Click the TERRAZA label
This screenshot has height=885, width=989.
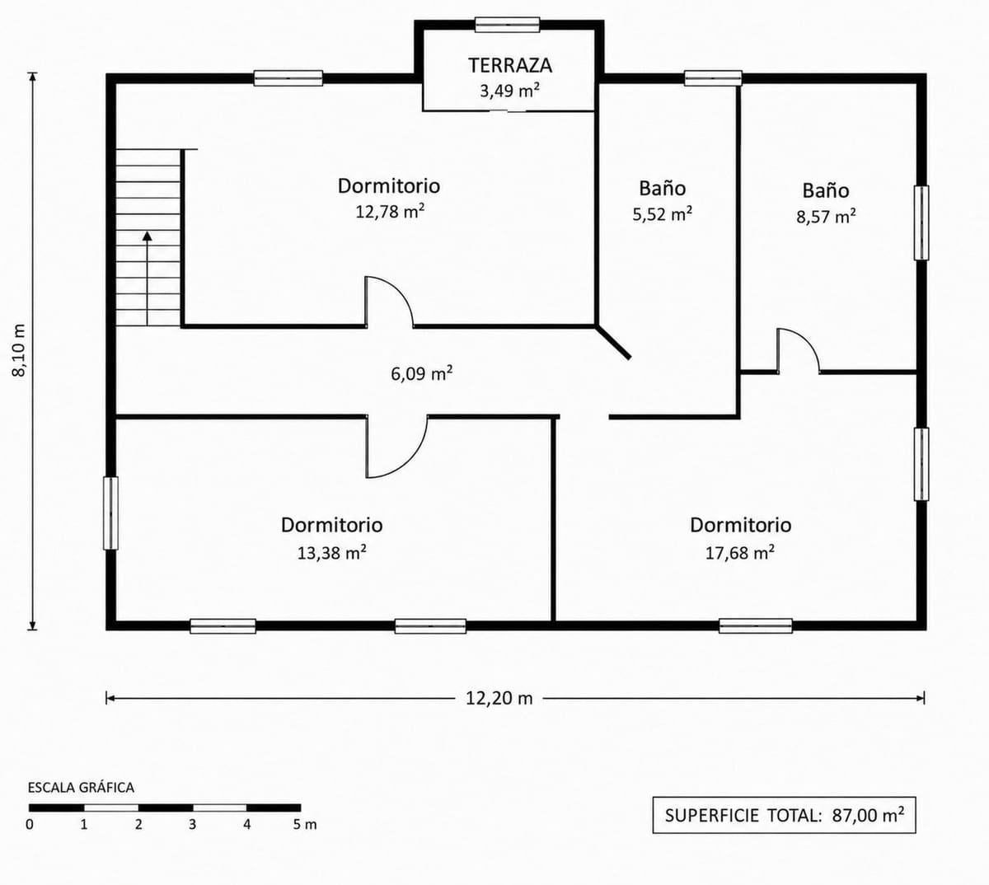coord(510,65)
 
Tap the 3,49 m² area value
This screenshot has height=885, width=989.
coord(509,91)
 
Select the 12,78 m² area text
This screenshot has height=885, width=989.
coord(390,212)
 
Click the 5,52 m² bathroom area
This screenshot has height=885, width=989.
coord(662,213)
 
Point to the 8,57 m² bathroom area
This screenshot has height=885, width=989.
coord(826,216)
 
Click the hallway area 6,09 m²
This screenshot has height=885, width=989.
coord(422,373)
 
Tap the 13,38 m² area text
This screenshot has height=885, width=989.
coord(332,553)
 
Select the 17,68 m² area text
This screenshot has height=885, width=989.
coord(740,553)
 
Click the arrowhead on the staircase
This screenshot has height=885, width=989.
coord(147,236)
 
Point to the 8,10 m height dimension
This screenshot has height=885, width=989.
coord(20,350)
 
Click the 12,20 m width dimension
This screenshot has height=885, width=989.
coord(499,699)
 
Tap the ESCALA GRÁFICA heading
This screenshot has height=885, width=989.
coord(81,788)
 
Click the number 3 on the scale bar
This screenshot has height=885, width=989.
coord(193,825)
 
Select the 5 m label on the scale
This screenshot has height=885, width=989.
coord(305,825)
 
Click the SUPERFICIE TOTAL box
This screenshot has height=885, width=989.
coord(784,815)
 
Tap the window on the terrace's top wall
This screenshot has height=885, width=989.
coord(507,25)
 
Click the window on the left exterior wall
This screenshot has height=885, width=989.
coord(110,513)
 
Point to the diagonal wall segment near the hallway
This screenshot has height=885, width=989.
coord(613,342)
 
